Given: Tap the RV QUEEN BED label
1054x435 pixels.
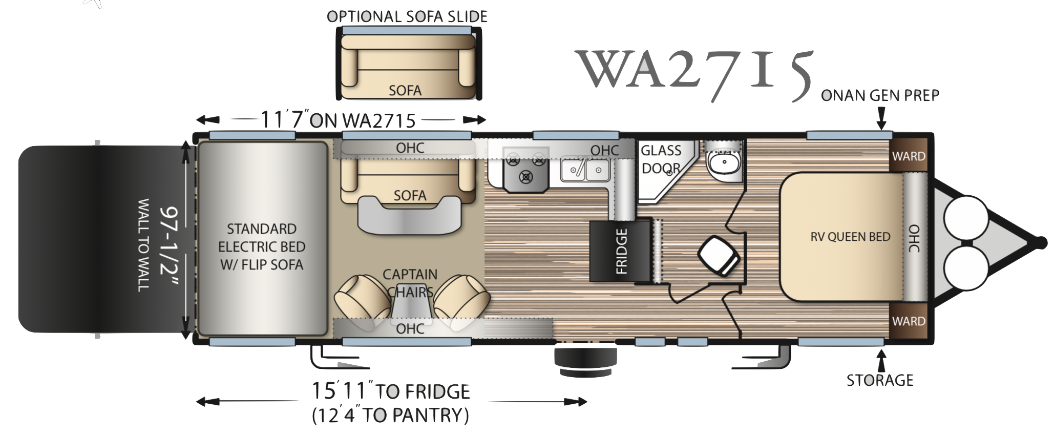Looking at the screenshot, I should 850,237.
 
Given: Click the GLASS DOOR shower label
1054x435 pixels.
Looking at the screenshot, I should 661,159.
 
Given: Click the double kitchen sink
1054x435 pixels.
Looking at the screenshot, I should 585,169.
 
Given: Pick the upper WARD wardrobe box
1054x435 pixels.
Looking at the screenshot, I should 909,156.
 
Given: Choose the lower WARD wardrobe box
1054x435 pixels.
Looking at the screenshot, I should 909,321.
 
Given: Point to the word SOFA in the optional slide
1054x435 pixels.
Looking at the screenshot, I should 405,91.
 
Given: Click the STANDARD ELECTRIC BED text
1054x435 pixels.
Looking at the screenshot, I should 262,246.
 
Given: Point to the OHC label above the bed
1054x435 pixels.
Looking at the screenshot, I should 914,238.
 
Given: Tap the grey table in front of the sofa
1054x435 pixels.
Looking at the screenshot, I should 410,214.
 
